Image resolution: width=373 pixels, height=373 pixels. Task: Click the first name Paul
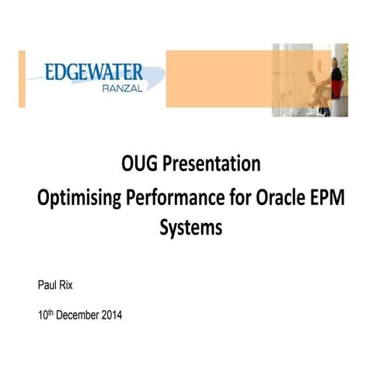coord(47,285)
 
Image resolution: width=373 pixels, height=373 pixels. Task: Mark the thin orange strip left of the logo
coord(22,78)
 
